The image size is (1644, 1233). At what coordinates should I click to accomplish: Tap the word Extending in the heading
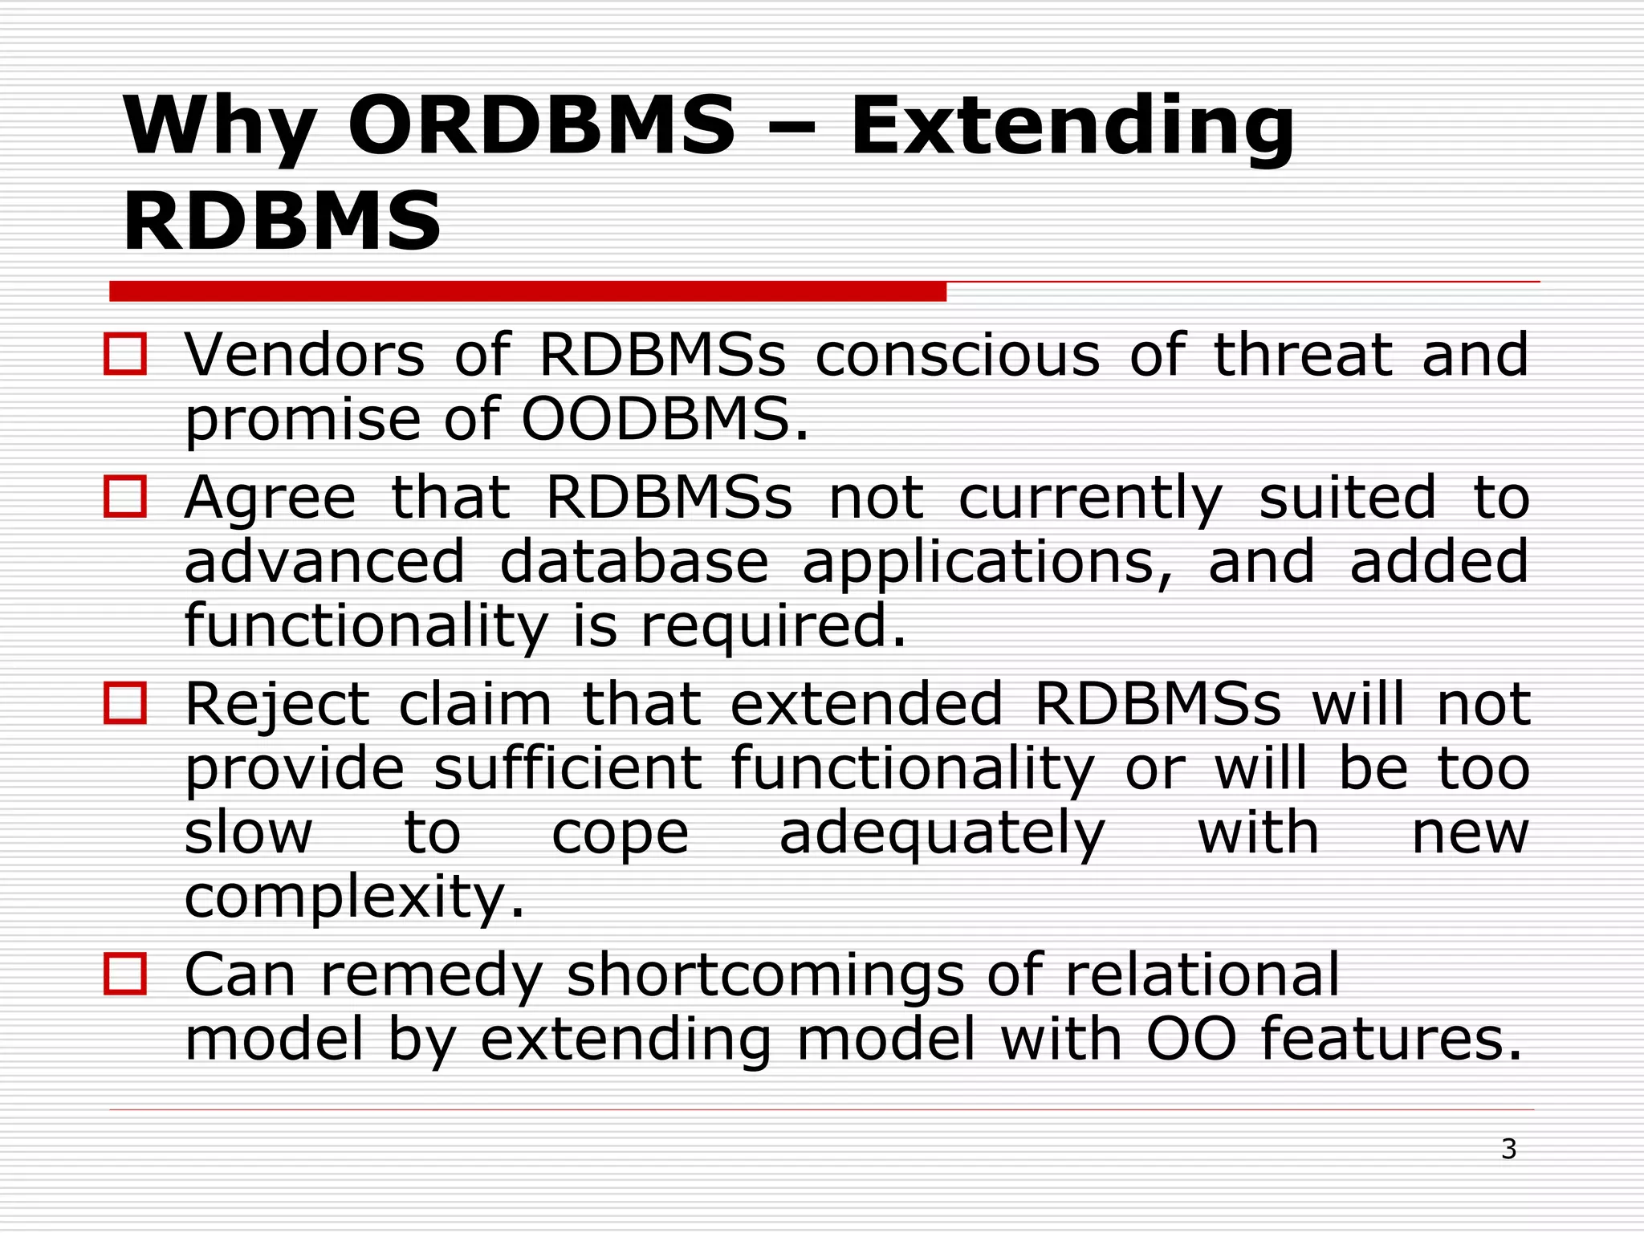1072,126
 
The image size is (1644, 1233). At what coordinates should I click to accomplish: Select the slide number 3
1508,1150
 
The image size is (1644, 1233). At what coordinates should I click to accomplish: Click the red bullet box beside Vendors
125,355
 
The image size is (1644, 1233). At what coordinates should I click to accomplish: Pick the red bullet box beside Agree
125,497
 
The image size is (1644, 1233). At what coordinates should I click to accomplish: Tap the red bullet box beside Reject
125,703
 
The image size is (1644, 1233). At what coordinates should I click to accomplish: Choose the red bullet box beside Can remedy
125,975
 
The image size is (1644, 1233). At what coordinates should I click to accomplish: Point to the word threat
1302,355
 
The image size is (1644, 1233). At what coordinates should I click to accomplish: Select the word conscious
957,355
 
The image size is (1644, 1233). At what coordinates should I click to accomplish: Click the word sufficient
568,768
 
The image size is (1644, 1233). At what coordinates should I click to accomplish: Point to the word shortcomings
766,976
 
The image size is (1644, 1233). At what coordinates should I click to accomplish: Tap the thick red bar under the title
527,291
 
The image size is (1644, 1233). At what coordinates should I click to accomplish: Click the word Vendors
304,355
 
